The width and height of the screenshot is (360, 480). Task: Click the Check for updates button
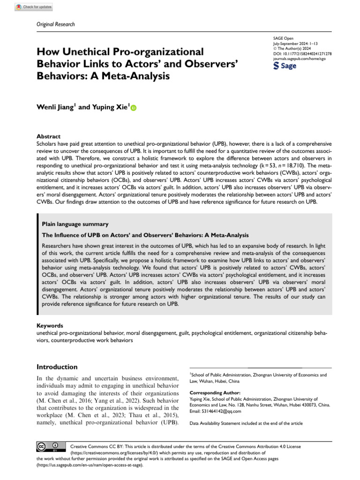point(34,7)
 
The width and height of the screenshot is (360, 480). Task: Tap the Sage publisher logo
point(285,66)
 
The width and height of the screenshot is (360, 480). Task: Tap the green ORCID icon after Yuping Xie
point(133,108)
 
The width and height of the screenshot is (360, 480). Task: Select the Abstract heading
point(48,136)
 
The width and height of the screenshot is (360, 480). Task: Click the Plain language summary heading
point(75,225)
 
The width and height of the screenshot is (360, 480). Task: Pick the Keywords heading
point(50,325)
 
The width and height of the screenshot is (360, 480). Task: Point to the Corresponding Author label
point(215,393)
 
